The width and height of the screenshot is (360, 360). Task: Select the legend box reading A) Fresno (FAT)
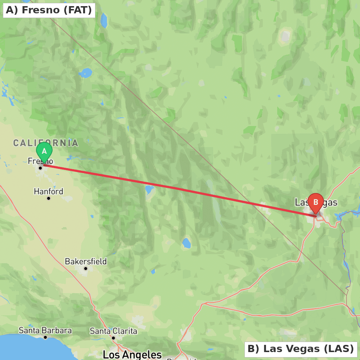49,10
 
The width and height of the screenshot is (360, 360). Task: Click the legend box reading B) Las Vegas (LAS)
301,349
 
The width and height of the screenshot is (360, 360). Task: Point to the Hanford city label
49,191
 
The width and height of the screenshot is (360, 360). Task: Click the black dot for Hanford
49,198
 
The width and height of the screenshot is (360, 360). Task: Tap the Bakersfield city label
86,261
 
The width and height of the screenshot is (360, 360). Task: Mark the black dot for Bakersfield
86,269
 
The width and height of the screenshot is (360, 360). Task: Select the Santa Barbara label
45,330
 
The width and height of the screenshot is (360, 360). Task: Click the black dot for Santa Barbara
45,337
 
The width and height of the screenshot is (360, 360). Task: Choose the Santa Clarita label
113,331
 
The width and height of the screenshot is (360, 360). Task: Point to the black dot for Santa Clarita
113,338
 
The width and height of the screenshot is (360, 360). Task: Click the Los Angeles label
132,355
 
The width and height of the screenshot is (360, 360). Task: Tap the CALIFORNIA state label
46,143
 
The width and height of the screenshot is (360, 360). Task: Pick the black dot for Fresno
40,168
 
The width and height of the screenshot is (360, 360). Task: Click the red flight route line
180,190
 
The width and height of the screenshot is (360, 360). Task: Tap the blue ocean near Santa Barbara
29,349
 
